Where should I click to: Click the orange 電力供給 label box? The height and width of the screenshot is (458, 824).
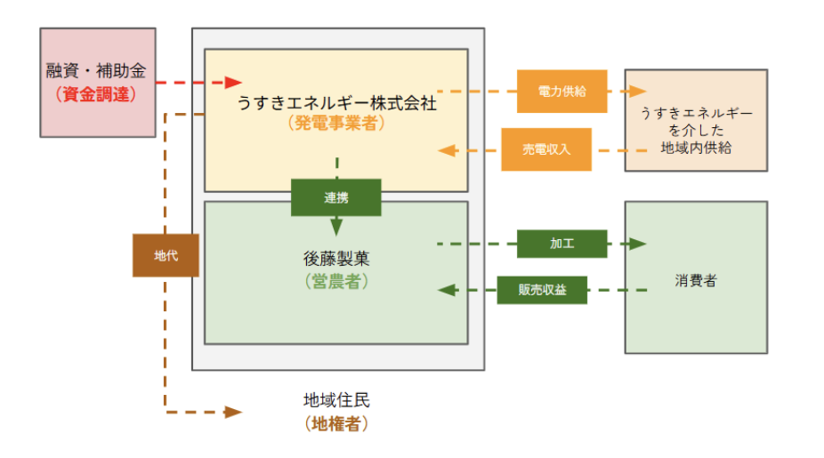click(x=561, y=92)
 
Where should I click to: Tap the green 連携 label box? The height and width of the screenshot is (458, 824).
click(x=335, y=197)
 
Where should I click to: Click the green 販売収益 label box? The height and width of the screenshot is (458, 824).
click(x=542, y=290)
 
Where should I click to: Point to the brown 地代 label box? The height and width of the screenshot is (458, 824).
click(x=166, y=255)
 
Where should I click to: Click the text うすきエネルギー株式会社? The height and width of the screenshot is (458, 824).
click(x=336, y=103)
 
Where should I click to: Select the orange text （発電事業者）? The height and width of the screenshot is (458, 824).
click(x=336, y=124)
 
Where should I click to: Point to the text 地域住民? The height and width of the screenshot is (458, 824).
click(x=335, y=401)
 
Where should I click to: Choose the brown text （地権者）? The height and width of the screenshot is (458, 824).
click(x=335, y=423)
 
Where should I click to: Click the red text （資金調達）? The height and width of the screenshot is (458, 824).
click(x=95, y=92)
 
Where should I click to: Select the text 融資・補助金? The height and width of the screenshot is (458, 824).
click(x=95, y=70)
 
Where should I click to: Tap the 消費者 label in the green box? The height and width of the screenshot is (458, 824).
click(x=695, y=281)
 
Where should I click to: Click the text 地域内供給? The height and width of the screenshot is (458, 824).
click(x=695, y=148)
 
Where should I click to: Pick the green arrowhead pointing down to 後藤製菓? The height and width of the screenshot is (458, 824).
click(x=336, y=227)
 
